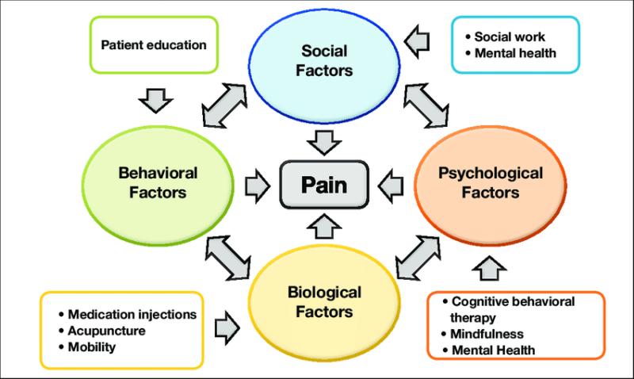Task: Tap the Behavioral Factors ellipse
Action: [x=158, y=182]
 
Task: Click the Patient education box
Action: [x=153, y=45]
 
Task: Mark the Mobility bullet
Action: [x=91, y=347]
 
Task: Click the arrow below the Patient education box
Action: [x=155, y=100]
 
